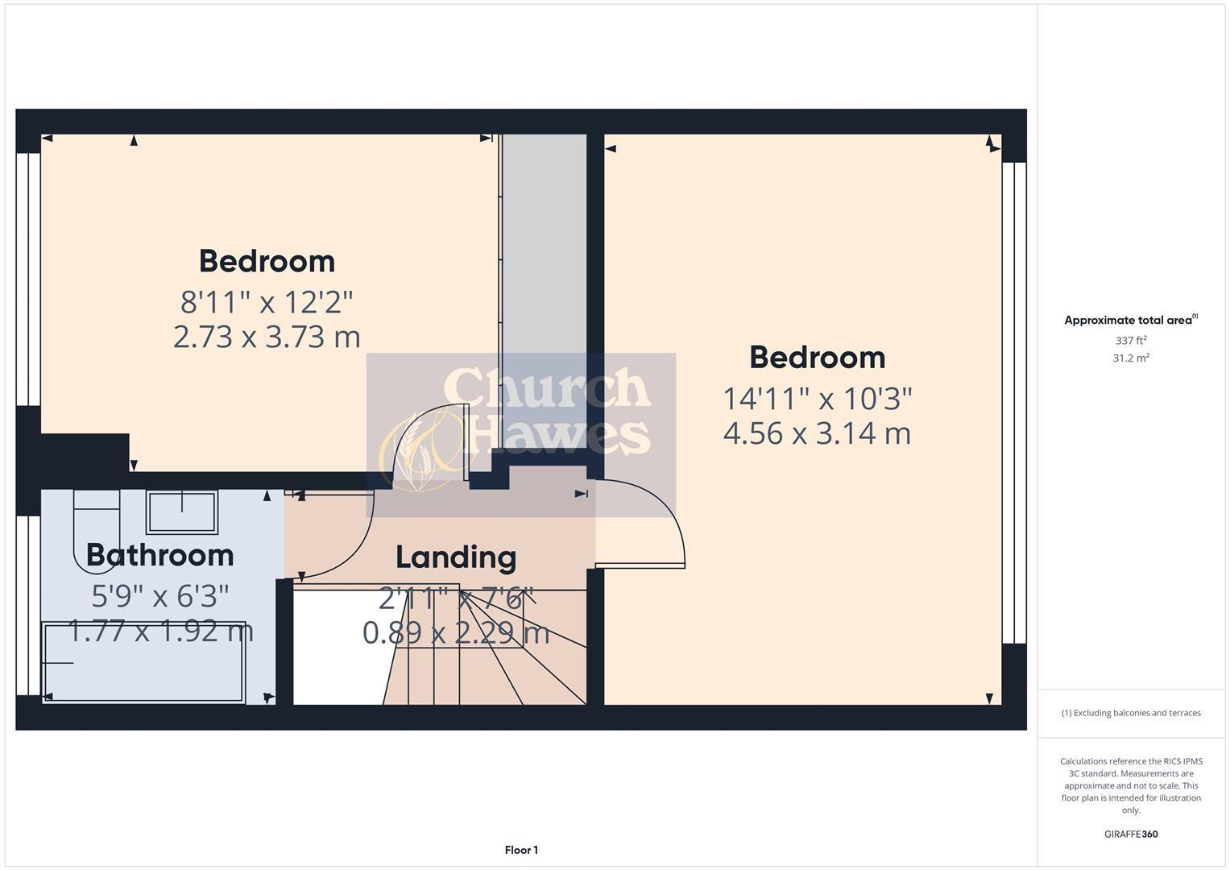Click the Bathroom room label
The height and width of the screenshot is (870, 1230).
point(159,555)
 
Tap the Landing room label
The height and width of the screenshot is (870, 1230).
point(456,557)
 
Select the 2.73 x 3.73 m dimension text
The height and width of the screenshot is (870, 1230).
point(267,337)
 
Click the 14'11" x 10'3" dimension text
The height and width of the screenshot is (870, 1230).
point(817,398)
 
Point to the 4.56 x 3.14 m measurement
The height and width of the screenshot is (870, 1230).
point(817,433)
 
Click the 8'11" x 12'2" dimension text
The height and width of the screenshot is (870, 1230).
point(267,302)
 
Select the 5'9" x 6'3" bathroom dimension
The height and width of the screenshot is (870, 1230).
point(159,596)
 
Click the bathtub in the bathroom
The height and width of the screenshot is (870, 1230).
point(143,662)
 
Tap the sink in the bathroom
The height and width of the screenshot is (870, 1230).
point(181,512)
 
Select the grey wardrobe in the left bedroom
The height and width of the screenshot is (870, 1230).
point(545,290)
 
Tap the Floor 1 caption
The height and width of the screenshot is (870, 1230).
point(521,850)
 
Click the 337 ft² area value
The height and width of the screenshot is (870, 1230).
point(1131,341)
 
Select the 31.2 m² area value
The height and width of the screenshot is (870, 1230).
point(1131,358)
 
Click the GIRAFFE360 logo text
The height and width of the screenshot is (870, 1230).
point(1131,834)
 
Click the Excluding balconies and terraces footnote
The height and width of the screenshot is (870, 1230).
point(1131,713)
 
